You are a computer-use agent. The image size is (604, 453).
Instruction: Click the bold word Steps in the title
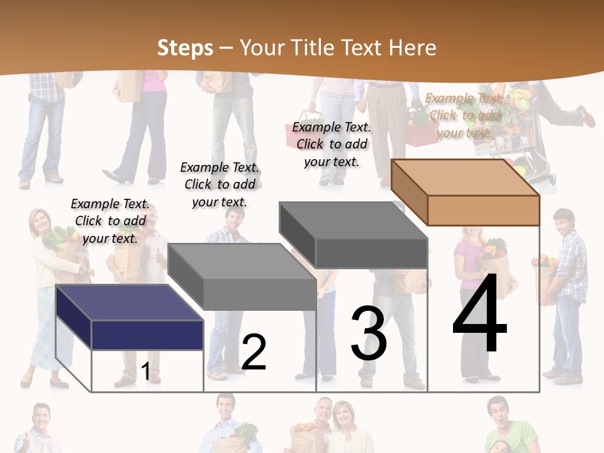pyautogui.click(x=185, y=48)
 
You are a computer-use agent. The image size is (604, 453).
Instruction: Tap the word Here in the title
pyautogui.click(x=412, y=48)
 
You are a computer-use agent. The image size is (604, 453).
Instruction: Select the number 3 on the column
pyautogui.click(x=369, y=333)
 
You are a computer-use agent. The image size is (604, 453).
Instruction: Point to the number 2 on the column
pyautogui.click(x=254, y=352)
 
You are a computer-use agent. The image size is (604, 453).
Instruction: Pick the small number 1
pyautogui.click(x=146, y=371)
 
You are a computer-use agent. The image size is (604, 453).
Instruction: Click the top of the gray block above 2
pyautogui.click(x=242, y=261)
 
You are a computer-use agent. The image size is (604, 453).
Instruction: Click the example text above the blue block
pyautogui.click(x=110, y=221)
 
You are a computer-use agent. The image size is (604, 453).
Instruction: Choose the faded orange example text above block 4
pyautogui.click(x=464, y=115)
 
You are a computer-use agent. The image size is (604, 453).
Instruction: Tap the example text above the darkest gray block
pyautogui.click(x=332, y=144)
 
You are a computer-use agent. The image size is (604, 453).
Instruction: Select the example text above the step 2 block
pyautogui.click(x=220, y=184)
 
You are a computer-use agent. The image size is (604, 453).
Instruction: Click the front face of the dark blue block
pyautogui.click(x=147, y=335)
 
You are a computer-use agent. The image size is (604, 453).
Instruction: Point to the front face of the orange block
pyautogui.click(x=483, y=210)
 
